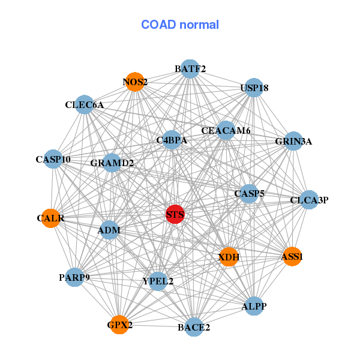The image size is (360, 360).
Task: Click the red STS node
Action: tap(175, 214)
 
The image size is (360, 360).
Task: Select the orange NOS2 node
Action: tap(135, 82)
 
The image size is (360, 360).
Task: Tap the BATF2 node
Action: tap(190, 69)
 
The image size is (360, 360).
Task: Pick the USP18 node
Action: tap(254, 88)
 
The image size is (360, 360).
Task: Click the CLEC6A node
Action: tap(85, 105)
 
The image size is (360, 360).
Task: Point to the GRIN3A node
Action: tap(293, 142)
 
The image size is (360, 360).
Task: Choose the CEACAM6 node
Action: tap(226, 130)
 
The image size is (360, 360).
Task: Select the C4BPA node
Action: tap(172, 140)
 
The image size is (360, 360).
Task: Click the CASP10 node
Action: tap(53, 160)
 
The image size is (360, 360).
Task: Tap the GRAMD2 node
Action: tap(112, 163)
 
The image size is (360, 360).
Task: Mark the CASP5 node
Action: tap(249, 193)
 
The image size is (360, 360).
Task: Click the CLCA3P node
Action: tap(308, 200)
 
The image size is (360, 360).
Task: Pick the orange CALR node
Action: tap(51, 218)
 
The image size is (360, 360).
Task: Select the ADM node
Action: tap(109, 230)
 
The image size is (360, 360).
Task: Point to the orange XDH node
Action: tap(229, 257)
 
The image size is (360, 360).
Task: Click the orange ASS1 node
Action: tap(292, 257)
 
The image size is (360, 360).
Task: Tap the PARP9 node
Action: tap(74, 277)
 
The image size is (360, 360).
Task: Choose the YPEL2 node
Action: tap(158, 281)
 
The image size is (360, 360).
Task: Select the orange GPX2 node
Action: tap(119, 325)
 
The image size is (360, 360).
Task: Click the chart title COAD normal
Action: tap(180, 25)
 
